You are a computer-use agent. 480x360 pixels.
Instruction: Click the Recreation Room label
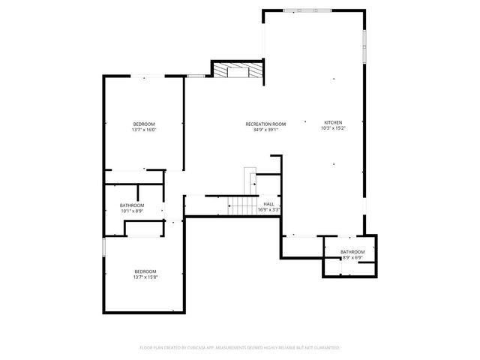(x=265, y=124)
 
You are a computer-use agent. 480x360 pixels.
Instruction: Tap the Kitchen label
(x=333, y=123)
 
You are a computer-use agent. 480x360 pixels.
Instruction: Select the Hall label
(x=268, y=204)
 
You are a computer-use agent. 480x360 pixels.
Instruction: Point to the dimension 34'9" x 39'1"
(x=265, y=130)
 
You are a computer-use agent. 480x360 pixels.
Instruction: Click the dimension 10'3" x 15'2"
(x=333, y=129)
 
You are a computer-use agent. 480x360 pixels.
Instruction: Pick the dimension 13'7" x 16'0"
(x=144, y=130)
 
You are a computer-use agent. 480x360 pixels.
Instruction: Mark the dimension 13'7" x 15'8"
(x=145, y=277)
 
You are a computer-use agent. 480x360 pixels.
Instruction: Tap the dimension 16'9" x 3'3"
(x=268, y=210)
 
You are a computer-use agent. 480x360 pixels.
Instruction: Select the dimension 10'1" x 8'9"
(x=132, y=211)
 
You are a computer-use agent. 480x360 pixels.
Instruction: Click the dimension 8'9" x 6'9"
(x=352, y=257)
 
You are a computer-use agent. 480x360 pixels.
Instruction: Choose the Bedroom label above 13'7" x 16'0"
(x=144, y=124)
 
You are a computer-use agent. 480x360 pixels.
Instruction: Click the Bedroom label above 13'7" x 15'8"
(x=145, y=271)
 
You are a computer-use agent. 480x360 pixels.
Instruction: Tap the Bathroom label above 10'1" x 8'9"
(x=132, y=205)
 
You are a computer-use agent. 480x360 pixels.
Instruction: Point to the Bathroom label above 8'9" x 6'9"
(x=352, y=251)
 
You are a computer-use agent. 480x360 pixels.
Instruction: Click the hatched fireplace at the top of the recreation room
(x=238, y=70)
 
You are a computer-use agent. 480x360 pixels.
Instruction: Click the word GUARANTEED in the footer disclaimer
(x=323, y=348)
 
